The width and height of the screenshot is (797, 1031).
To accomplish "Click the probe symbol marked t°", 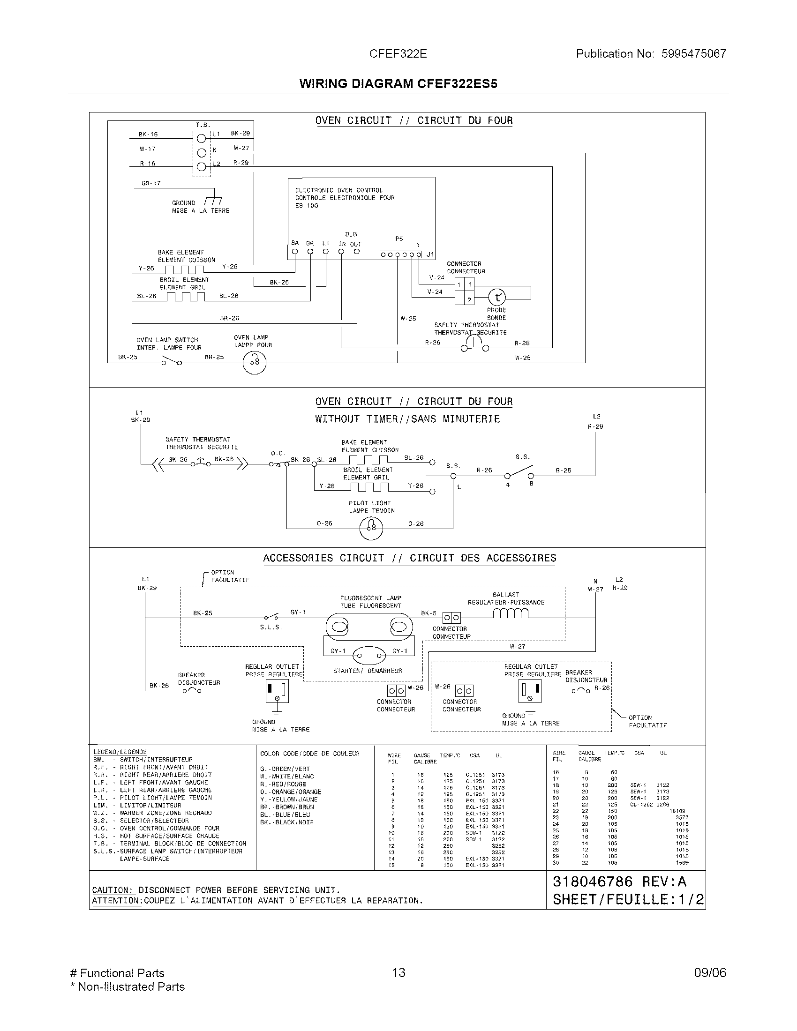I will tap(496, 298).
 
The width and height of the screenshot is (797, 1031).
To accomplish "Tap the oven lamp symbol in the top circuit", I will tap(255, 363).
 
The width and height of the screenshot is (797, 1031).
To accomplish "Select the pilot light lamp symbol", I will tap(371, 528).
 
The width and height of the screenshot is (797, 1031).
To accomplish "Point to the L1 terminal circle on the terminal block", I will tap(202, 139).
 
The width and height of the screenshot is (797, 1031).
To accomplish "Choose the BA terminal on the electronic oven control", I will tap(294, 252).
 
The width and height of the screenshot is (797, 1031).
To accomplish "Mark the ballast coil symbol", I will tap(511, 613).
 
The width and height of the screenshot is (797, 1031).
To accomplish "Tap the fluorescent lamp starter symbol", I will tap(369, 655).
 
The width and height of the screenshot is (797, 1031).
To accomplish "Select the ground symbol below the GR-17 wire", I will tap(214, 200).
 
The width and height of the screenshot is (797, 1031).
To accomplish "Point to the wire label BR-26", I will tap(229, 318).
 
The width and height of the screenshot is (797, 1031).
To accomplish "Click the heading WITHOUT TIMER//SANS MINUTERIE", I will tap(407, 419).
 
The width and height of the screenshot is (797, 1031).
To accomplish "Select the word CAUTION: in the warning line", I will tap(113, 890).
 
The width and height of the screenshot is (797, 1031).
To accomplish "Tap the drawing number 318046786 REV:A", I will tap(619, 882).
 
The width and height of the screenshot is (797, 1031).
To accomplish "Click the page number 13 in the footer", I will tap(398, 972).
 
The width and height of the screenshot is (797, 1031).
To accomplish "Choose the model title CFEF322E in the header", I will tap(398, 54).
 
